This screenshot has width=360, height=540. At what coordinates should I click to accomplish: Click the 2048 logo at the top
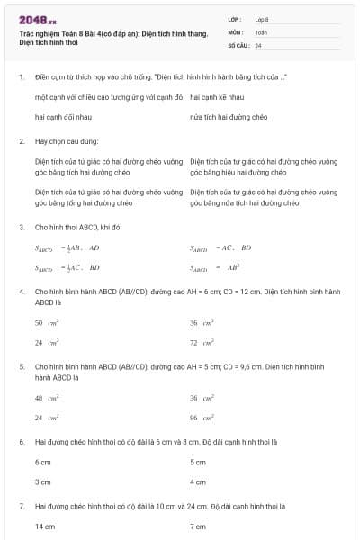coord(37,19)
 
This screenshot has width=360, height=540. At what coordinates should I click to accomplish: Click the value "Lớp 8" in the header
coord(262,19)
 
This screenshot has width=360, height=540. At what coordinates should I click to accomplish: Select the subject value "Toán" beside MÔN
coord(261,31)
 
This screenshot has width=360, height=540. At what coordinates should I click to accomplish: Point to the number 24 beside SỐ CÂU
coord(258,44)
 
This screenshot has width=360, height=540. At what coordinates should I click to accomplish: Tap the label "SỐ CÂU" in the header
coord(238,44)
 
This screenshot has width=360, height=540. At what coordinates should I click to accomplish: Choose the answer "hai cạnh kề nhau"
coord(217,96)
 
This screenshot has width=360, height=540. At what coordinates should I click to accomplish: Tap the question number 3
coord(21,228)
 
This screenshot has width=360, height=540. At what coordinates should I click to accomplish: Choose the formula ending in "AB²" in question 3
coord(214,267)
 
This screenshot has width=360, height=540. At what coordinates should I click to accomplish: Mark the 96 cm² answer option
coord(202,418)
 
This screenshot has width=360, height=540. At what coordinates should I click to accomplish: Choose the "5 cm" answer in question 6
coord(198,462)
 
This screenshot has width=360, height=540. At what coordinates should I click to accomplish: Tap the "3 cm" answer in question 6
coord(43,481)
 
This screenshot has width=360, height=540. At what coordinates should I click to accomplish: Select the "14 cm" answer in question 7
coord(45,526)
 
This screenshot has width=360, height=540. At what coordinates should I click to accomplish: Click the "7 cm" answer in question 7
coord(198,526)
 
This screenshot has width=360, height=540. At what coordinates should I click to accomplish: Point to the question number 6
coord(21,442)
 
